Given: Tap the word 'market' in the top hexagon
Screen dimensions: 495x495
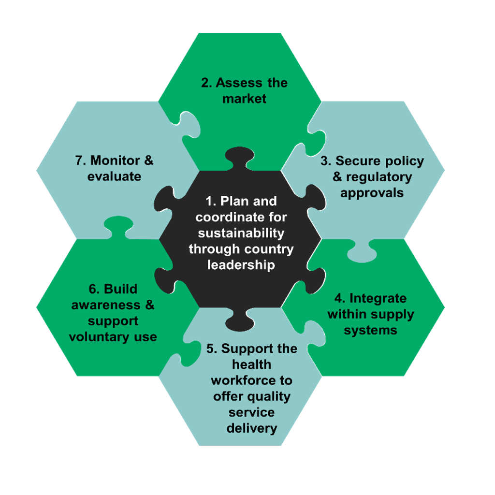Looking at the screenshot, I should click(244, 99).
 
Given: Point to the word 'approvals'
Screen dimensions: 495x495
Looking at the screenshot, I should click(372, 193).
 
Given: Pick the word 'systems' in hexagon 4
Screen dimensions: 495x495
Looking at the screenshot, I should click(371, 330).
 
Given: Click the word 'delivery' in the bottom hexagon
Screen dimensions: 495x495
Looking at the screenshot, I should click(252, 428).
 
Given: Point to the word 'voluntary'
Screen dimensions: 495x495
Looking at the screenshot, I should click(99, 336).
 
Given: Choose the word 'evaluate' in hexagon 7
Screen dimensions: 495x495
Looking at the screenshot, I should click(115, 176).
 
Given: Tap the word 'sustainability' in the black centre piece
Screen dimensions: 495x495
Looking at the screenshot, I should click(241, 233).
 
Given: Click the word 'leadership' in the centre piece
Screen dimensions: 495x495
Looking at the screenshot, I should click(241, 265).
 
